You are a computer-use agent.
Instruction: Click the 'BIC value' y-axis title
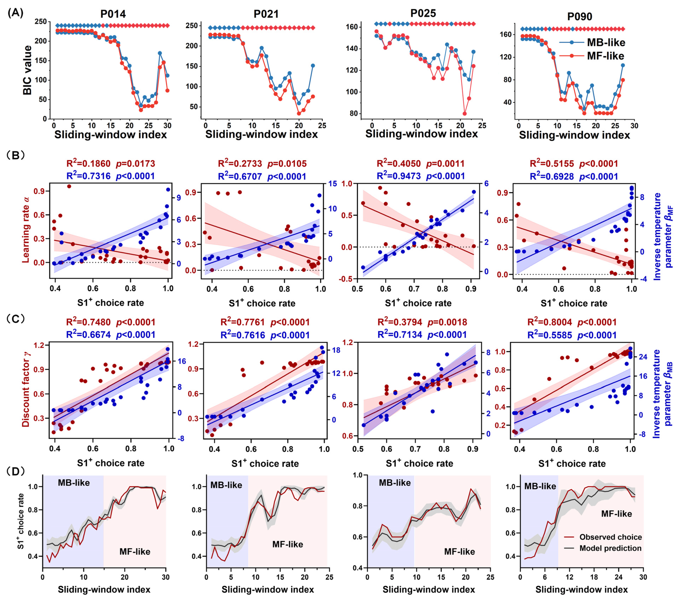tap(28, 70)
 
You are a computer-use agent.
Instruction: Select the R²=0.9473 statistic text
tap(398, 176)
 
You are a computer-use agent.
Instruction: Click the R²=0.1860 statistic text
tap(88, 163)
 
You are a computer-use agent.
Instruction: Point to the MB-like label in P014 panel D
tap(74, 483)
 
